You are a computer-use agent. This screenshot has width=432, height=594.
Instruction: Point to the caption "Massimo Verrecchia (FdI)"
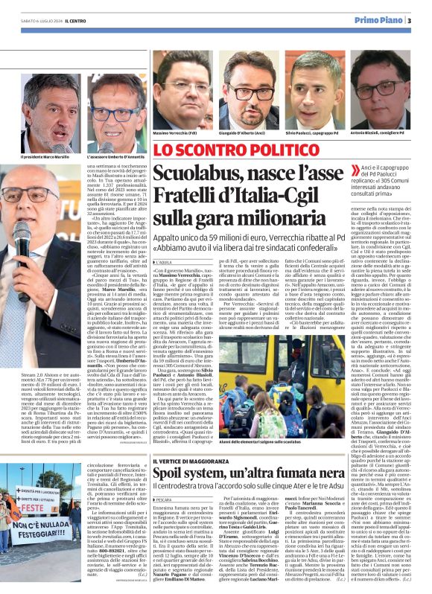[175, 133]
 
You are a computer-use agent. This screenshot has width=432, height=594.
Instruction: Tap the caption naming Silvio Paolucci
[312, 133]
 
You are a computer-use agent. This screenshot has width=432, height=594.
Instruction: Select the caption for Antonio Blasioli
[380, 133]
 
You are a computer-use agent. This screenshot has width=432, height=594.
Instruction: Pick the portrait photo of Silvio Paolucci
[312, 89]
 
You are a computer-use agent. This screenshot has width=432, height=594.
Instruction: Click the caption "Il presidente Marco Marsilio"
[47, 158]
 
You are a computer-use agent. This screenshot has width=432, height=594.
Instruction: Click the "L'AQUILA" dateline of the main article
[166, 262]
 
